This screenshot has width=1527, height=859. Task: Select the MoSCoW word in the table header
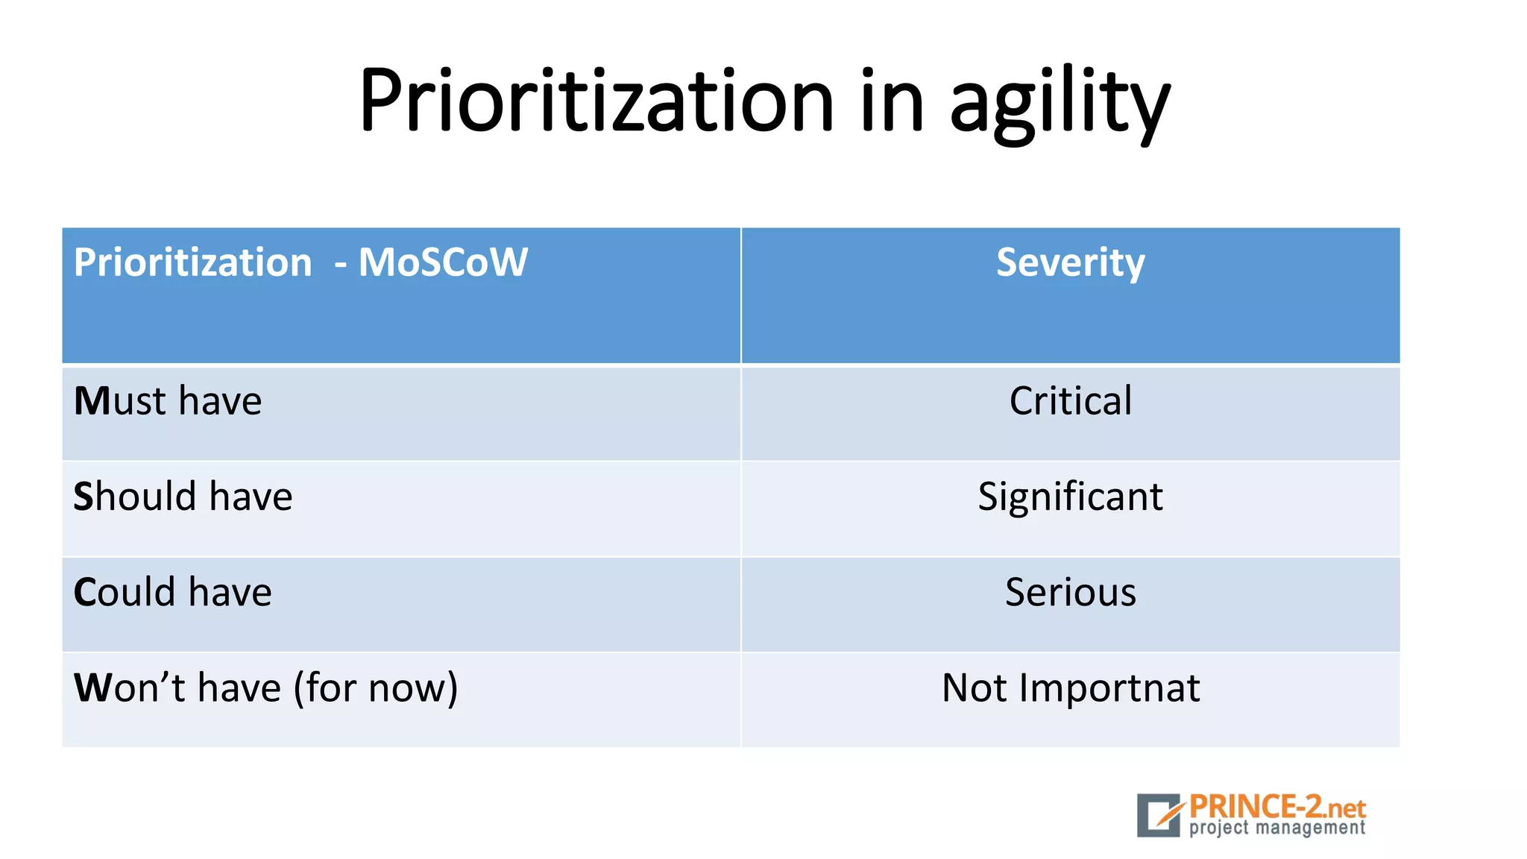click(443, 262)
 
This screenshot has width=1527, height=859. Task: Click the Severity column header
click(1070, 262)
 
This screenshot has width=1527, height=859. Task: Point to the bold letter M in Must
click(92, 401)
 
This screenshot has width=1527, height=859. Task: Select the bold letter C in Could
click(85, 592)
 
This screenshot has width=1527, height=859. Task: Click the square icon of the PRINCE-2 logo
click(1159, 814)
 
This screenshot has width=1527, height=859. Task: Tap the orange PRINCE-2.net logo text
click(1276, 807)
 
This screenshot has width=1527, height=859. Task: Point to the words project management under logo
click(1276, 828)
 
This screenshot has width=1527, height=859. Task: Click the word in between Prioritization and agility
click(892, 101)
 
